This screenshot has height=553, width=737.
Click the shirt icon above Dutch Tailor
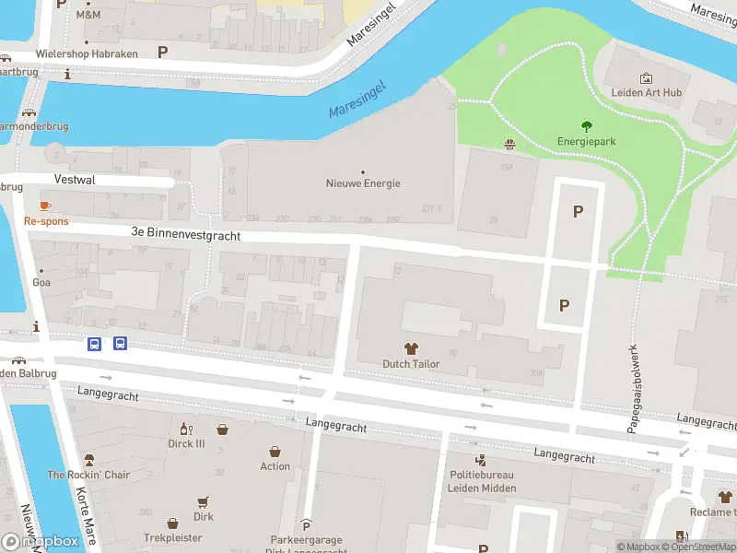click(411, 348)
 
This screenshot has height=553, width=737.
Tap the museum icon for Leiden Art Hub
click(646, 78)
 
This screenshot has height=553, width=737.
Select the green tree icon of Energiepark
click(586, 127)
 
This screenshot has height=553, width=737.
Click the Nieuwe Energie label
click(363, 182)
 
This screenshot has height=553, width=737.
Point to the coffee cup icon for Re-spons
click(45, 206)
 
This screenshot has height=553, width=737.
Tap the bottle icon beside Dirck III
click(183, 429)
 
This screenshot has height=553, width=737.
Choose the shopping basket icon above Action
click(275, 451)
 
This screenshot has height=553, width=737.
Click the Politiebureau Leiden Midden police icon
click(480, 460)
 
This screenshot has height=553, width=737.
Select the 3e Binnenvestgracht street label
click(186, 236)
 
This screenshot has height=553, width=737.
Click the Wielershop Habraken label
click(87, 54)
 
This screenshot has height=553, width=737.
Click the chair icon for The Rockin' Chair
click(89, 460)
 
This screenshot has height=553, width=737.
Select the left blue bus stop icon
click(94, 344)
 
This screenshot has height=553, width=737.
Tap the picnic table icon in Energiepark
click(509, 143)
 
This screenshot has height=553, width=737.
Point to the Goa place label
click(41, 282)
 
